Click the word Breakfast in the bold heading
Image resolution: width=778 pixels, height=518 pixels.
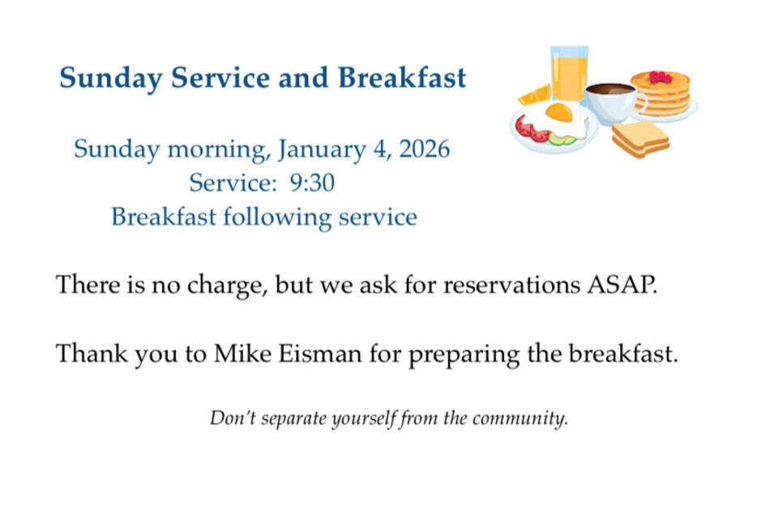402,78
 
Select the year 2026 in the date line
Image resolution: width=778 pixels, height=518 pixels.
424,149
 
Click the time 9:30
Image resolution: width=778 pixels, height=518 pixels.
312,183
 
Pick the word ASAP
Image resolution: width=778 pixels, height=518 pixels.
622,285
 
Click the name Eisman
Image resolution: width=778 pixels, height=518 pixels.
319,354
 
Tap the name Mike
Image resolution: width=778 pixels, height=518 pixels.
242,354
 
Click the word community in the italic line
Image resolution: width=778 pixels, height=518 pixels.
519,418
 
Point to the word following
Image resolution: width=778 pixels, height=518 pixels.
277,218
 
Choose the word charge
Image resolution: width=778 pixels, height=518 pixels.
227,286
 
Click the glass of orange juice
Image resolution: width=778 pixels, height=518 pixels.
569,73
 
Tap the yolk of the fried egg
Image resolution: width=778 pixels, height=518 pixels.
559,112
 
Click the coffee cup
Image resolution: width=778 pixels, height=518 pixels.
613,103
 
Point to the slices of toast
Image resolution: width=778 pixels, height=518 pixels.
640,138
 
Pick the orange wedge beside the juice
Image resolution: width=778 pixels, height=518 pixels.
534,96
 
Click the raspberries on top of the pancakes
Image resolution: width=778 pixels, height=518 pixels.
661,78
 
